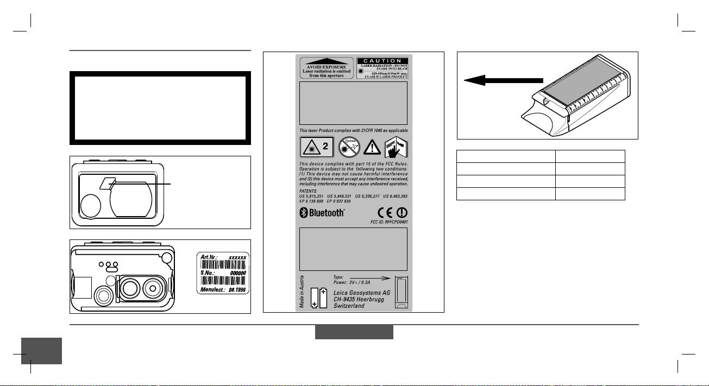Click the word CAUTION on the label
click(x=382, y=60)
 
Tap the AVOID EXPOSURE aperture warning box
click(x=326, y=67)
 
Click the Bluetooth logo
click(x=323, y=213)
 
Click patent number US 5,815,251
click(x=313, y=194)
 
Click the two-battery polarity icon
click(x=319, y=298)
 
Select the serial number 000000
click(x=237, y=274)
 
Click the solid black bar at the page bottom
click(x=354, y=332)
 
